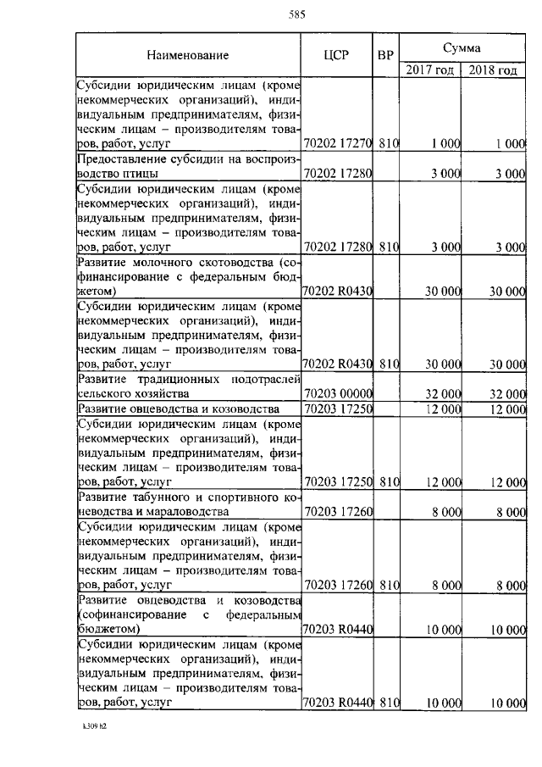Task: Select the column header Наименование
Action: (187, 56)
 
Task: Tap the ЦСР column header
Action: (336, 56)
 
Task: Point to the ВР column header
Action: (385, 56)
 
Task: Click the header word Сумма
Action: (462, 43)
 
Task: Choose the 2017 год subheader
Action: (429, 70)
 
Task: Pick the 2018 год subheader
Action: (493, 70)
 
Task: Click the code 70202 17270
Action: (337, 144)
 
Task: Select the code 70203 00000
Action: (337, 394)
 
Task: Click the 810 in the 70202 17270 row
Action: (389, 144)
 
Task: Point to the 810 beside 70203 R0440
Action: (389, 703)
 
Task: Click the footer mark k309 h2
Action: (96, 726)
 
